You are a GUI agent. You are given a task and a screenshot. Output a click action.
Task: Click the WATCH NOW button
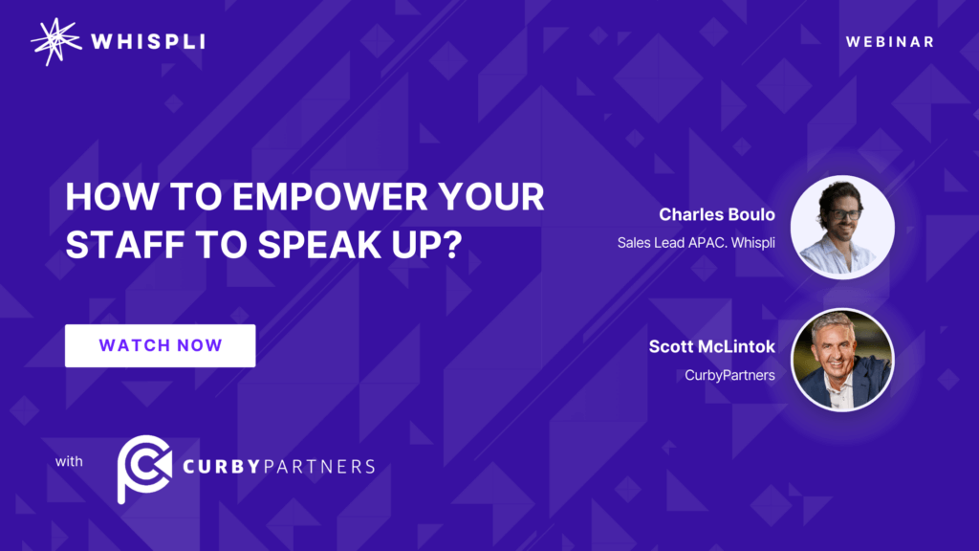(160, 345)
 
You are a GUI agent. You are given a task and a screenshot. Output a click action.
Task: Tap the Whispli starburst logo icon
(56, 42)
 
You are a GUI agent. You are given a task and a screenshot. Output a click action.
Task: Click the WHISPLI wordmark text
(148, 42)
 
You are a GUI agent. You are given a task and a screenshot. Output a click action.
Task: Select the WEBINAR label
(890, 42)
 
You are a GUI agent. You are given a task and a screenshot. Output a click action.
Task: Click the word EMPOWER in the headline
(330, 197)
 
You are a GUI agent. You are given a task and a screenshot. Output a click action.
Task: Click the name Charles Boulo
(717, 214)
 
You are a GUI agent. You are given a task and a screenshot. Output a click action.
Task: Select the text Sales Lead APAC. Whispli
(696, 242)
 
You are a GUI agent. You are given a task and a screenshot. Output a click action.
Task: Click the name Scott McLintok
(711, 346)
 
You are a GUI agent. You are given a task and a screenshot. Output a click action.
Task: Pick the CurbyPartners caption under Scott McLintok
(729, 375)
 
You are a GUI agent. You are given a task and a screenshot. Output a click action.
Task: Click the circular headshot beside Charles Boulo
(842, 227)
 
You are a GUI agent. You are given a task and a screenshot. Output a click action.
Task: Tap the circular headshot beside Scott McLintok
(842, 360)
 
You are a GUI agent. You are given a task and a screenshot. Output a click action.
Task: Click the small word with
(69, 461)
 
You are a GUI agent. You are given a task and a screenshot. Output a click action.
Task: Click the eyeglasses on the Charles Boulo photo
(845, 214)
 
